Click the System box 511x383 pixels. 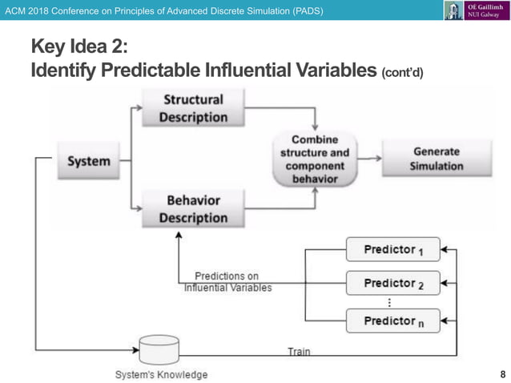click(x=89, y=161)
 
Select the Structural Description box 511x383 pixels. click(x=193, y=109)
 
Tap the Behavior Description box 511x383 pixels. click(x=193, y=208)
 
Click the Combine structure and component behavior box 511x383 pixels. click(x=315, y=159)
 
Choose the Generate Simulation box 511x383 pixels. click(x=436, y=159)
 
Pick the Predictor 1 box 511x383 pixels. click(x=392, y=250)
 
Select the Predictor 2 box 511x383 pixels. click(x=392, y=284)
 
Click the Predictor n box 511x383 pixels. click(x=392, y=321)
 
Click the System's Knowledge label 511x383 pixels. click(x=161, y=374)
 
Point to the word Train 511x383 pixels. click(x=299, y=351)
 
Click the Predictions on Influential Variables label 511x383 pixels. click(x=227, y=282)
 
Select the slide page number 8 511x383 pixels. click(x=502, y=374)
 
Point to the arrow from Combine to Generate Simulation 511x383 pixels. click(x=369, y=159)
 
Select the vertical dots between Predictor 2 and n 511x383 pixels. click(x=390, y=302)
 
